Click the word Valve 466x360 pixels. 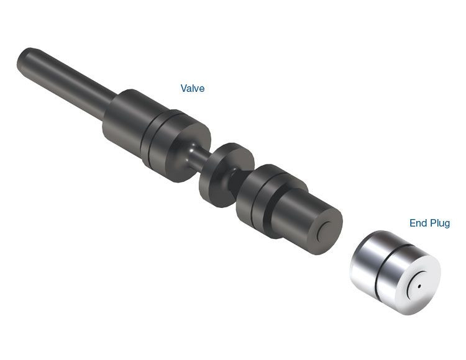192,89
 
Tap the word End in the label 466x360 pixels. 418,223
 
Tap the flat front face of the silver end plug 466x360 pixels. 419,282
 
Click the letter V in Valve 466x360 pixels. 184,89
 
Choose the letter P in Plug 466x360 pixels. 432,223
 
